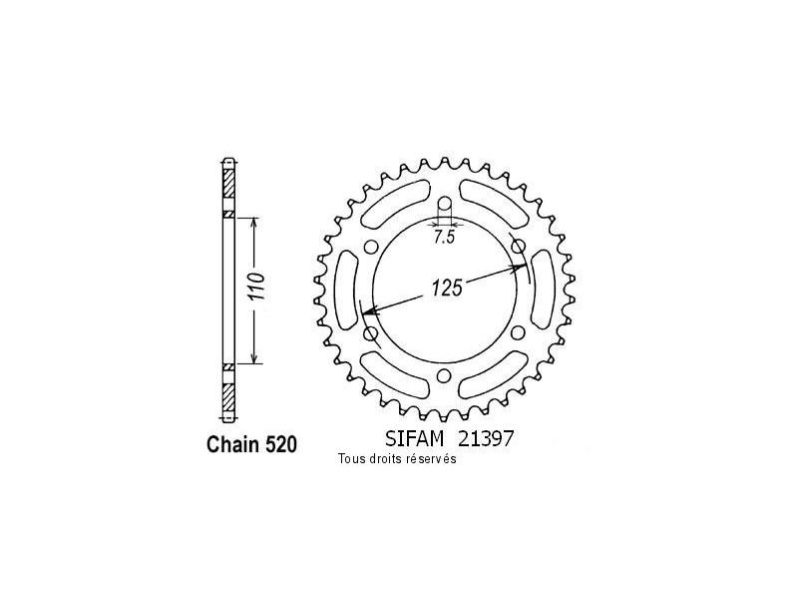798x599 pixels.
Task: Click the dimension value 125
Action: click(447, 288)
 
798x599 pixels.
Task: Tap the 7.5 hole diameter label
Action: click(444, 237)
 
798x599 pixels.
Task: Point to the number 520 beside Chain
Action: click(280, 444)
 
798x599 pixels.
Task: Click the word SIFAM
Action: click(414, 438)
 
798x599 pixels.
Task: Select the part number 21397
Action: click(486, 438)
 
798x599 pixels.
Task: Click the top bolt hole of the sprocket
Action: click(444, 204)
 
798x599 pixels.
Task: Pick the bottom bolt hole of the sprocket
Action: click(444, 375)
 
